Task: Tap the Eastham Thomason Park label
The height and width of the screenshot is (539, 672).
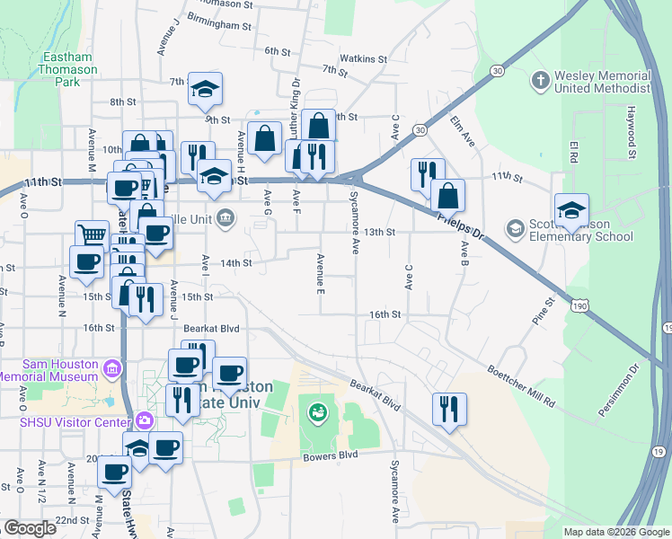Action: tap(67, 69)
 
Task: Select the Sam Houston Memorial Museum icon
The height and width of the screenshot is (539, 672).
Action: tap(111, 369)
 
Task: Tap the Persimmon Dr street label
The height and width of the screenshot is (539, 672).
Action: tap(619, 391)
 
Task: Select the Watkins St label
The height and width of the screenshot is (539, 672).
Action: tap(368, 59)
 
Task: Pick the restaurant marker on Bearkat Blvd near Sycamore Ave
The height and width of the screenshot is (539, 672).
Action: tap(446, 408)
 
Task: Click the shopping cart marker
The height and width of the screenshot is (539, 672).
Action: tap(92, 235)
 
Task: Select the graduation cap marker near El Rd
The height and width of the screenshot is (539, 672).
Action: tap(571, 210)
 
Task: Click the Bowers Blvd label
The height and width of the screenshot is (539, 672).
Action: tap(335, 455)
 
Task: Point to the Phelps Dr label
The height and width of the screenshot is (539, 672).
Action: tap(462, 230)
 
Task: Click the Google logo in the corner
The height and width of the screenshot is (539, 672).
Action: tap(30, 528)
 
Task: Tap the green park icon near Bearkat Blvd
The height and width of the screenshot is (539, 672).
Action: tap(316, 412)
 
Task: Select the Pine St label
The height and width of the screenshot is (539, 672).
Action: tap(543, 312)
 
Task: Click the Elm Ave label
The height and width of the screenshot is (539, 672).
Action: tap(462, 132)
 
